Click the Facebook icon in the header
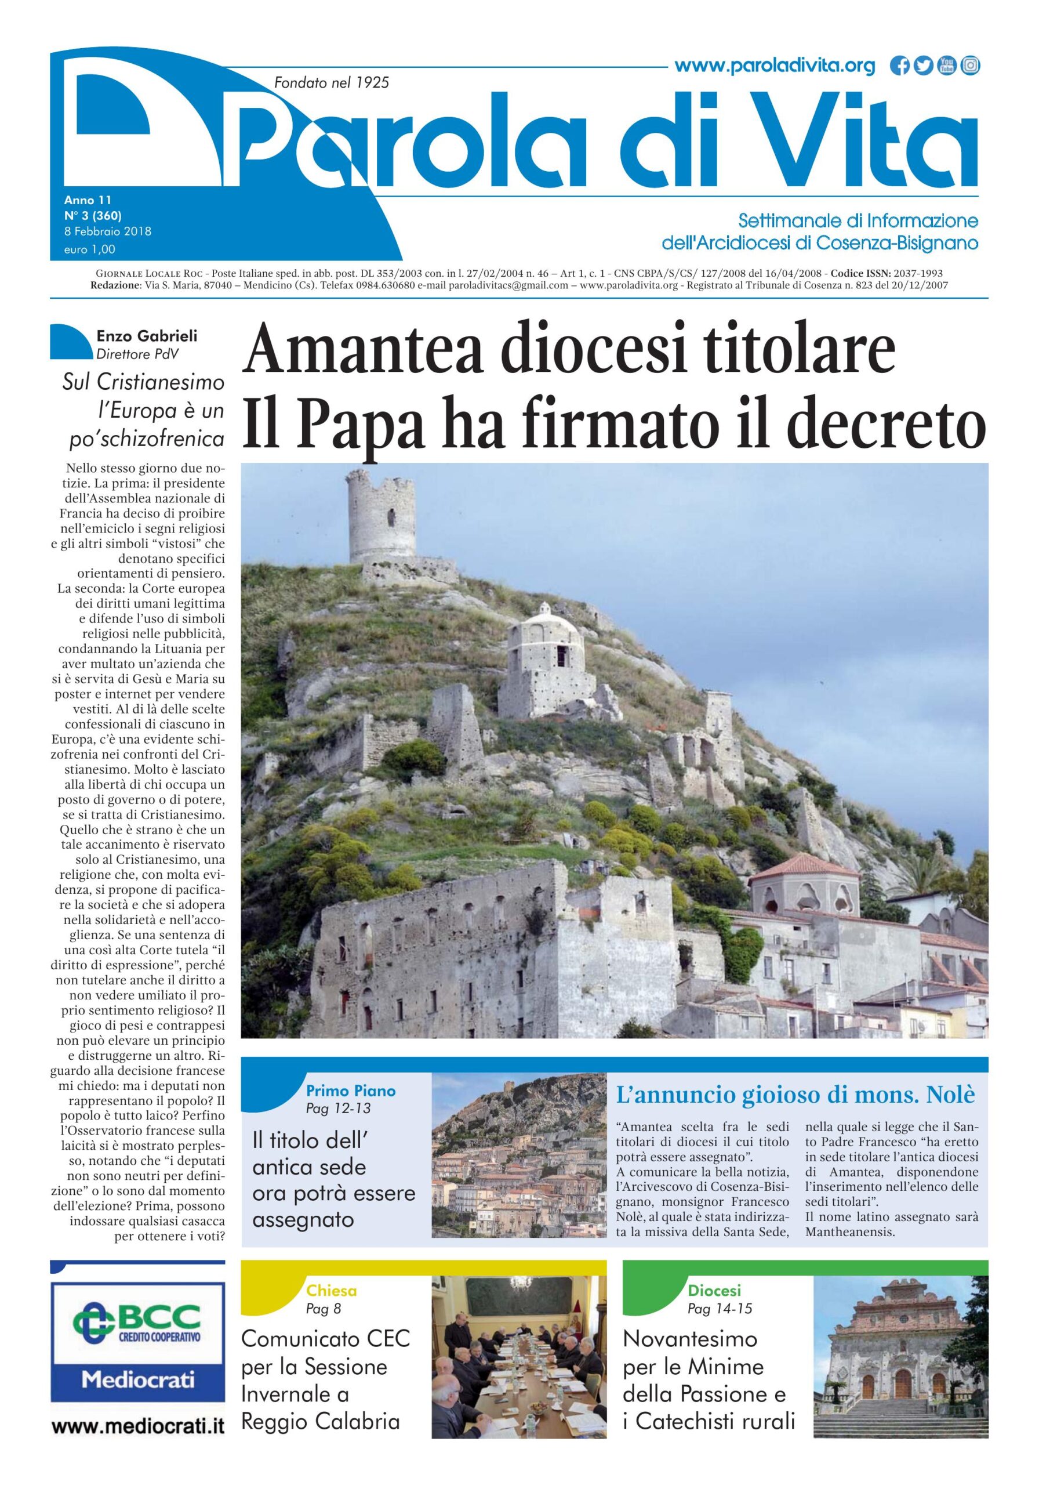899,66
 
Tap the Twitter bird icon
923,66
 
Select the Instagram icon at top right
970,66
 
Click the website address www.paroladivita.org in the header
774,66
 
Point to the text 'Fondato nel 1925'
332,83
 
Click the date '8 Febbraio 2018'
107,231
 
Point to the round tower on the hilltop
381,518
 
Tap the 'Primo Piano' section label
350,1091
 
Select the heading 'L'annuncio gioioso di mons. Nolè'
795,1095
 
